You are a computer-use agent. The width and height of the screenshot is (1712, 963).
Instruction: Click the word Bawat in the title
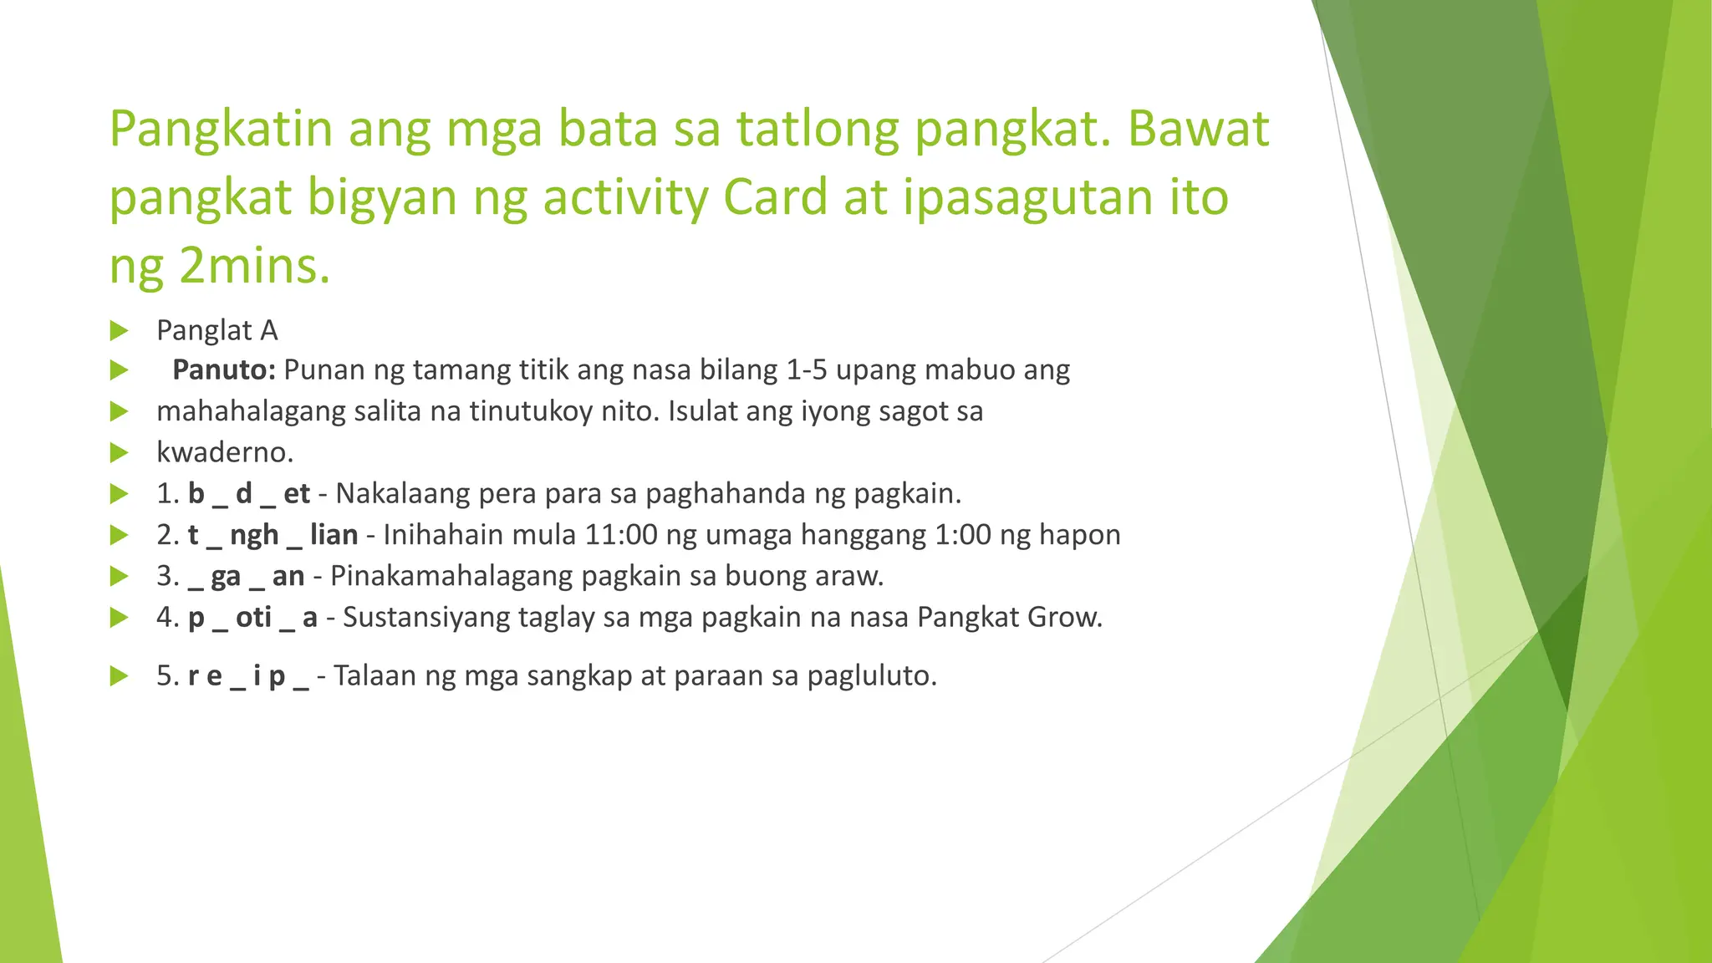point(1198,129)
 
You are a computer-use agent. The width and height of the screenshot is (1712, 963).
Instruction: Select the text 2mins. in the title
point(255,267)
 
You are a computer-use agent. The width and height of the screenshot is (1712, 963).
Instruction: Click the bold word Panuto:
point(223,369)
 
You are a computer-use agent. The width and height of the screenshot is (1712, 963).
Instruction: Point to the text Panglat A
point(217,330)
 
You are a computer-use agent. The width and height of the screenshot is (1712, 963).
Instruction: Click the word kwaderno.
point(225,452)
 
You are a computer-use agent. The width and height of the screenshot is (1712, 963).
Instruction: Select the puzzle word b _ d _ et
point(249,493)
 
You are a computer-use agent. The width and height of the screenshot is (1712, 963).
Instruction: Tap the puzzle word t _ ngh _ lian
point(273,534)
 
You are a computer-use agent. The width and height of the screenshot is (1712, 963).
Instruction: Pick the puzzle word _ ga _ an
point(246,576)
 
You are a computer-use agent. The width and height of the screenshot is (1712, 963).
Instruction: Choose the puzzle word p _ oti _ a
point(252,617)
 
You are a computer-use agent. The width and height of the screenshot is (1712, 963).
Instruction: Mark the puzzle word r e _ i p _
point(248,675)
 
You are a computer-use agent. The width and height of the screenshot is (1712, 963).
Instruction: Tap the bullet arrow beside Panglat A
point(119,331)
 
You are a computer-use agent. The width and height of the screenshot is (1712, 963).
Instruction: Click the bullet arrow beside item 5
point(119,676)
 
